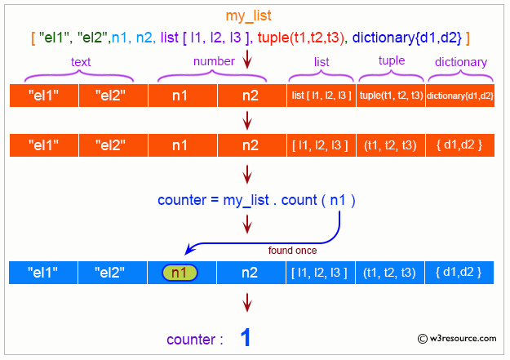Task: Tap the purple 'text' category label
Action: pos(81,61)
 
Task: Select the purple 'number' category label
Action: pos(215,61)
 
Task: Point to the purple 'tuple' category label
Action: pos(392,61)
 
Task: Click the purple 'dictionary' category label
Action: pos(461,62)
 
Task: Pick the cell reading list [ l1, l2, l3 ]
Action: pos(320,96)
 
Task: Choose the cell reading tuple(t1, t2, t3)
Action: pos(391,96)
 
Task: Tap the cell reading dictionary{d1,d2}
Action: pos(461,96)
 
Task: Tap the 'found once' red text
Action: pos(292,250)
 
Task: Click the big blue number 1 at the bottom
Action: pos(246,339)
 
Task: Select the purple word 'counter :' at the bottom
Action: pos(195,340)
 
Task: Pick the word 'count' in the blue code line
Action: pos(300,199)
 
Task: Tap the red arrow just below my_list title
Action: pos(247,60)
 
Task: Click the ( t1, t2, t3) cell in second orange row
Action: pos(391,145)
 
